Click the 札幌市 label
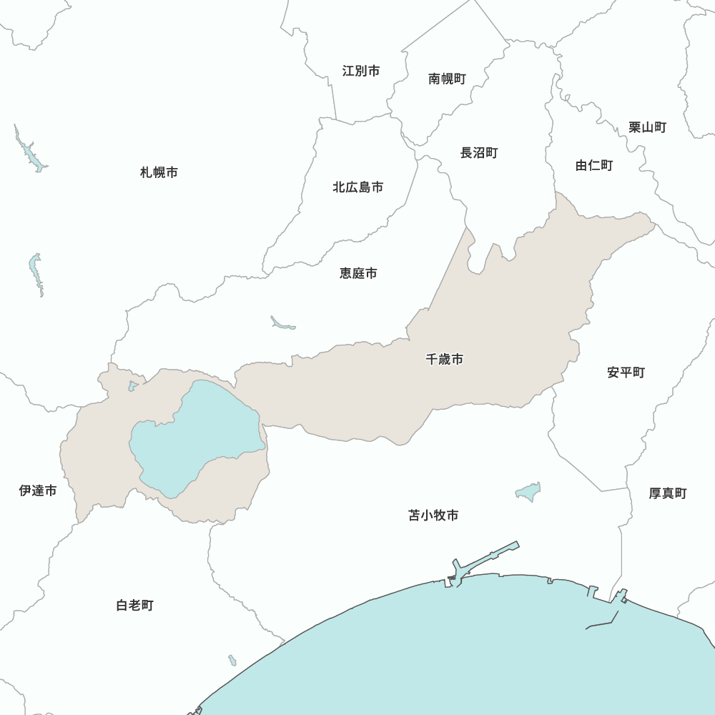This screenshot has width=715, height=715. pos(159,172)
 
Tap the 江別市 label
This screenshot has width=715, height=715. pos(361,71)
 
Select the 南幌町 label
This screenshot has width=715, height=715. pos(447,79)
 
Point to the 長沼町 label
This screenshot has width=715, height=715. pos(478,152)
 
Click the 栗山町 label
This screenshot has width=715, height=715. pos(647,127)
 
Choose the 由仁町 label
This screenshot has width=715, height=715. pos(594,165)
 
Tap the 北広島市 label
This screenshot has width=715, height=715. pos(357,187)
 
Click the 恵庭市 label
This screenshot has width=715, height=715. pos(358,273)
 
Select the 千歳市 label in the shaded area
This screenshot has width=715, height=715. pos(444,360)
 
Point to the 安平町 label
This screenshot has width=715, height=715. pos(626,373)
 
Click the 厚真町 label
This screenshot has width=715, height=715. pos(667,493)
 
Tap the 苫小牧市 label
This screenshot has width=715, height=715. pos(433,516)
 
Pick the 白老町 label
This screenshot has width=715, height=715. pos(134,606)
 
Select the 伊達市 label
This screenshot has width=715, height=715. pos(37,490)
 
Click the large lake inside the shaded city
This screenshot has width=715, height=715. pos(193,436)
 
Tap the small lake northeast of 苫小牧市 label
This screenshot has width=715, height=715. pos(529,492)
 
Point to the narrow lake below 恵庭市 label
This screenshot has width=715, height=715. pos(282,324)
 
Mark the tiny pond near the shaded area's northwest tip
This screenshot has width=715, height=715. pos(133,386)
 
